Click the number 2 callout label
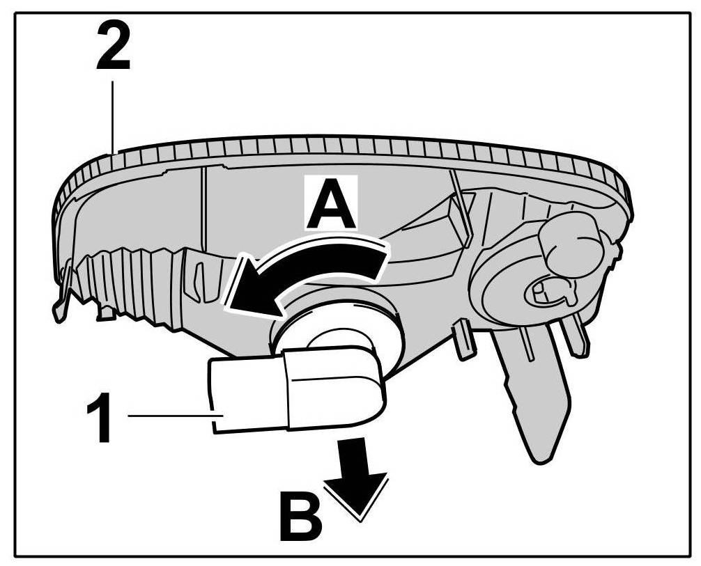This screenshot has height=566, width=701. [112, 47]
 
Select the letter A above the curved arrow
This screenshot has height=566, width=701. [332, 203]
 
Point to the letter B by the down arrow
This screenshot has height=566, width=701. [300, 517]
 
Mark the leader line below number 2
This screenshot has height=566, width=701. [112, 111]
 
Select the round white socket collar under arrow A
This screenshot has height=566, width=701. [334, 331]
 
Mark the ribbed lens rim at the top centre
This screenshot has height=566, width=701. [348, 146]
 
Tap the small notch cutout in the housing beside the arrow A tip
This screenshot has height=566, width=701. [202, 278]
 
